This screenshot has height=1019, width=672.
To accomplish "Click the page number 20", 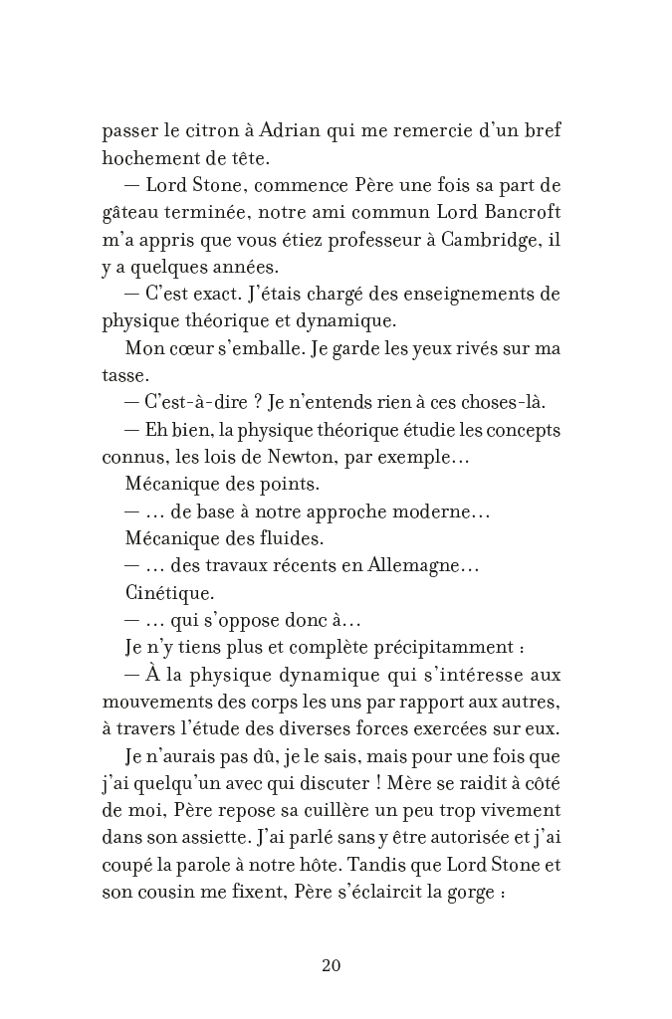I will [x=333, y=964].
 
